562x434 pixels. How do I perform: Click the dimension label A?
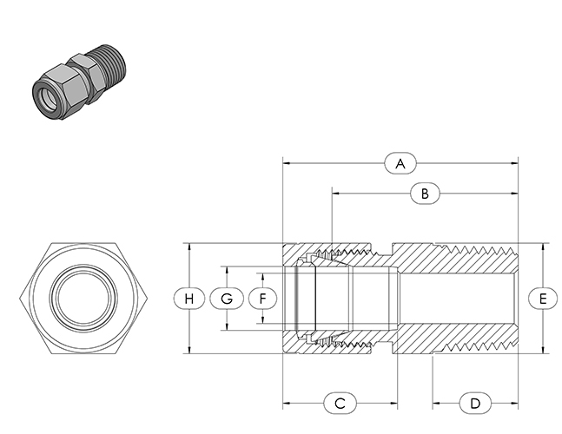coord(400,164)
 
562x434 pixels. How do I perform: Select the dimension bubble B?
coord(425,194)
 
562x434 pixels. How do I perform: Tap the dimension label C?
coord(340,404)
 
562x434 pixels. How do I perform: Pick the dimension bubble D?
coord(475,404)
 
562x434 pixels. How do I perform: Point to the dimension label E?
coord(543,299)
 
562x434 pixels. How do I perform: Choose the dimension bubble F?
coord(262,299)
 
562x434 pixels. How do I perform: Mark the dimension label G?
coord(227,299)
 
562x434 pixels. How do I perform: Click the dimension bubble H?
coord(189,299)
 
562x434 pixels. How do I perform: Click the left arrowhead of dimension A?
coord(287,164)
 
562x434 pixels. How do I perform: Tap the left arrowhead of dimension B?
coord(335,194)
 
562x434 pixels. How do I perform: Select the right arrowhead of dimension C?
coord(393,404)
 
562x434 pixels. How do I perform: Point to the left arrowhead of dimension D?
coord(436,404)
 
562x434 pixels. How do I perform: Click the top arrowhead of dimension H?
coord(189,247)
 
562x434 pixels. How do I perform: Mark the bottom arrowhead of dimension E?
coord(543,350)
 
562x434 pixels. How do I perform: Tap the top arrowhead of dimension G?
coord(227,270)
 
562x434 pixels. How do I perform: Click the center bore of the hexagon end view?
coord(83,299)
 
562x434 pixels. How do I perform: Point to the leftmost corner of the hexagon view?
coord(19,299)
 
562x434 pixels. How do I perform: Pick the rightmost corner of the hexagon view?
coord(148,299)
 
